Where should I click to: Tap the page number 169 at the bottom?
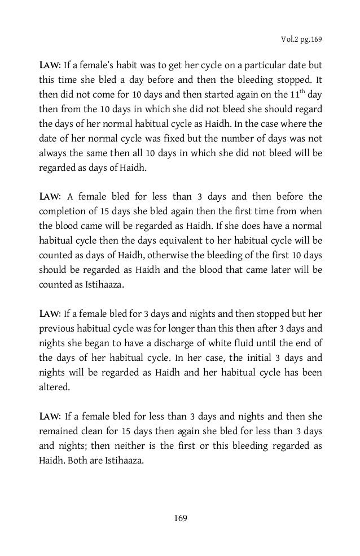(x=180, y=518)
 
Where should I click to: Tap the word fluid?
(x=243, y=341)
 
